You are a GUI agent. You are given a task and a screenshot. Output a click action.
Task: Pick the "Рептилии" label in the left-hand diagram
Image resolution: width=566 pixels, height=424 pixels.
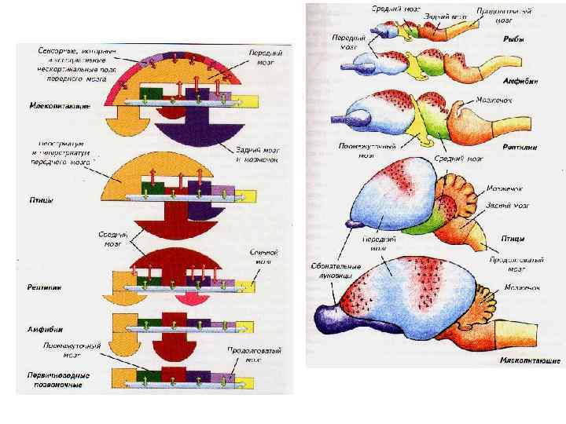click(48, 287)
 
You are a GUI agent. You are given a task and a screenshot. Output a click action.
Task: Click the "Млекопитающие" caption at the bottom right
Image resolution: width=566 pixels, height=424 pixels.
click(529, 362)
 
